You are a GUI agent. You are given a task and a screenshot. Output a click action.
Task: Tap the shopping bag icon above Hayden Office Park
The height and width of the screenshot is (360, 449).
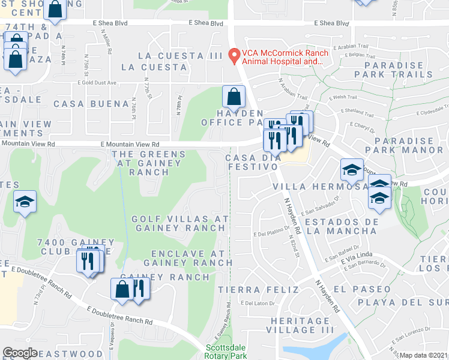[x=234, y=96]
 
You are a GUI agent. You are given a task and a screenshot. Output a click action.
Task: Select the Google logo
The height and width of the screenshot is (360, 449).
[x=20, y=353]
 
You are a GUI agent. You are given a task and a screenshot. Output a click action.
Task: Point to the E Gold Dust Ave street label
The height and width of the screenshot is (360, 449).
[x=97, y=83]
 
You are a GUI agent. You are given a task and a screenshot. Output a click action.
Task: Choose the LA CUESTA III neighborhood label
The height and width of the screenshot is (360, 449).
[x=171, y=56]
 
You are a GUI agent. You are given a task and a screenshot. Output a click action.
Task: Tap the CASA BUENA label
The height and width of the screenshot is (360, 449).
[x=83, y=103]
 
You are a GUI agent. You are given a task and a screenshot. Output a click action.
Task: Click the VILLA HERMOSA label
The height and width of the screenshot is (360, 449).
[x=312, y=187]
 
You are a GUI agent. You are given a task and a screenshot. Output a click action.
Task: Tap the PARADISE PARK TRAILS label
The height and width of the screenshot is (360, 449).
[x=393, y=70]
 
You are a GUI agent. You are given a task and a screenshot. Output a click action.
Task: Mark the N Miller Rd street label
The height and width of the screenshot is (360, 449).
[x=109, y=43]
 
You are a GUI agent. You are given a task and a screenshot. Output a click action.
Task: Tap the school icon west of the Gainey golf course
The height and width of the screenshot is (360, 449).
[x=25, y=203]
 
